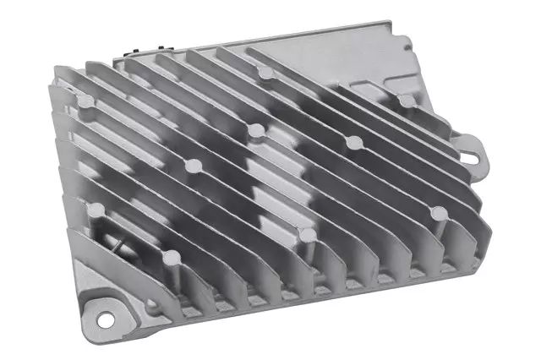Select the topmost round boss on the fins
pos(267,74)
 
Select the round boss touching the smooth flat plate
pos(407,101)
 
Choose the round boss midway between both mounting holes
pos(307,234)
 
